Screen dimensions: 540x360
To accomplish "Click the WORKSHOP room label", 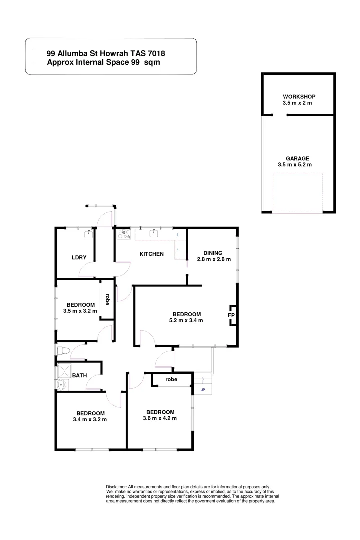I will (x=299, y=96).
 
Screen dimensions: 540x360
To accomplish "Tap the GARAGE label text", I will (x=297, y=158).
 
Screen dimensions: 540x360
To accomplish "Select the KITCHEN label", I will (x=151, y=254).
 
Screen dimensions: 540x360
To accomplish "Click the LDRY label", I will (x=79, y=258).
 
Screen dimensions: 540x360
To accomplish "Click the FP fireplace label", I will (x=231, y=316).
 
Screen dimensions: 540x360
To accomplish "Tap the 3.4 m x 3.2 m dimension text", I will (x=90, y=419).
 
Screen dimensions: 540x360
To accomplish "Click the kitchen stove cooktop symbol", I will (x=124, y=234).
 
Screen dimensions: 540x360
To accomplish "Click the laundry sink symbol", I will (x=88, y=233).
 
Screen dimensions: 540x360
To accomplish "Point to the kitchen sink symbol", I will (x=154, y=233).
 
